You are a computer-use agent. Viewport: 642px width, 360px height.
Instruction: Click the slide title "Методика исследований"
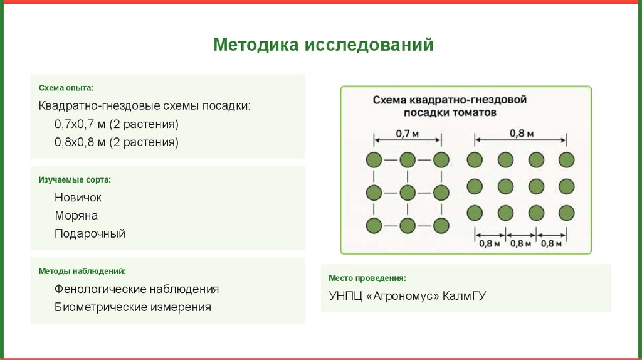pyautogui.click(x=323, y=45)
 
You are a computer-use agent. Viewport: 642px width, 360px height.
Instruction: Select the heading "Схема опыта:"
pyautogui.click(x=66, y=88)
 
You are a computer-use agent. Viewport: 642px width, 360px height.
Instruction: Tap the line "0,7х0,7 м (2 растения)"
pyautogui.click(x=116, y=124)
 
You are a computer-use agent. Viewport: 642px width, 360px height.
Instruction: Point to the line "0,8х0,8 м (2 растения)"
pyautogui.click(x=116, y=142)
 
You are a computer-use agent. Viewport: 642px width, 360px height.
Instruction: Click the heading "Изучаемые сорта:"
pyautogui.click(x=75, y=180)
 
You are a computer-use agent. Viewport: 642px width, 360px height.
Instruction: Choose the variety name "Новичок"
pyautogui.click(x=78, y=198)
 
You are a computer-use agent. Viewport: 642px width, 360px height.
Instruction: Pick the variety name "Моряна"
pyautogui.click(x=76, y=216)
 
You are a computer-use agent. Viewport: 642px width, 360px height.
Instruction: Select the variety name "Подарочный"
pyautogui.click(x=90, y=234)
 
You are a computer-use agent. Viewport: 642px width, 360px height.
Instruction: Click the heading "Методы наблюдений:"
pyautogui.click(x=82, y=272)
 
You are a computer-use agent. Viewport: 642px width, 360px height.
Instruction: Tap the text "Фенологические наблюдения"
pyautogui.click(x=137, y=289)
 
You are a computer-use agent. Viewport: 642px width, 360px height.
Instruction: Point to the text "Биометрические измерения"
pyautogui.click(x=132, y=307)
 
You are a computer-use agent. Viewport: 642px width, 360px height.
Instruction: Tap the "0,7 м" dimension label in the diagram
pyautogui.click(x=408, y=133)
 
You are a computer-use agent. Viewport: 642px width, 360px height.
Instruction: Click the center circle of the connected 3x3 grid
pyautogui.click(x=408, y=192)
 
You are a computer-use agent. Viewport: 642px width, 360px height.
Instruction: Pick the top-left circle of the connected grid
pyautogui.click(x=374, y=159)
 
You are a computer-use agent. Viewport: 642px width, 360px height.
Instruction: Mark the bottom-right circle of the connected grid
pyautogui.click(x=441, y=225)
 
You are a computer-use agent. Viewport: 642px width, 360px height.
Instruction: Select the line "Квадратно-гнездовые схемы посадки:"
pyautogui.click(x=144, y=105)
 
